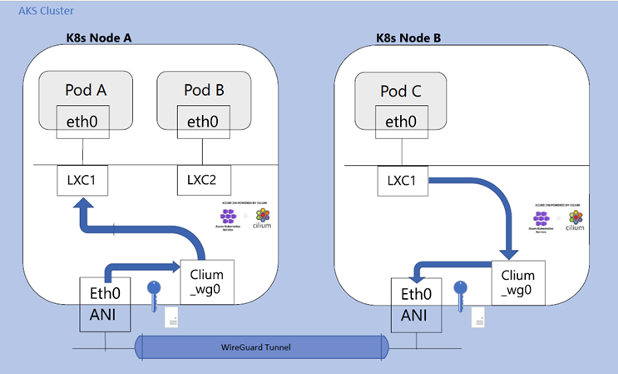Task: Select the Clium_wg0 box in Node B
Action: tap(518, 281)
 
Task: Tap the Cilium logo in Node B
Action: tap(576, 220)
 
